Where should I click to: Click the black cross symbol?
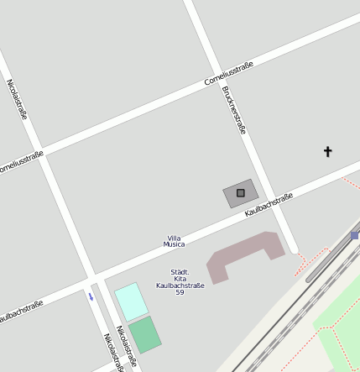coord(328,152)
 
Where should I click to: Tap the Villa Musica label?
coord(174,242)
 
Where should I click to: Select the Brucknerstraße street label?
coord(234,109)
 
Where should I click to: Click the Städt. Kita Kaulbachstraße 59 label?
coord(180,282)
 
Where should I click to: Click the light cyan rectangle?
coord(131,301)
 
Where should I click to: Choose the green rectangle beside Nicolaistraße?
coord(145,334)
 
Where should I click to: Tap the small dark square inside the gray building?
coord(241,193)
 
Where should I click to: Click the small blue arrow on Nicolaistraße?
coord(91,296)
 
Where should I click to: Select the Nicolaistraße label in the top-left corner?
coord(17,99)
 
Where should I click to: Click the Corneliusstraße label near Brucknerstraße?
coord(228,74)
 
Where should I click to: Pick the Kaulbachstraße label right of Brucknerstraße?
coord(269,205)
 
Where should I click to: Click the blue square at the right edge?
coord(355,236)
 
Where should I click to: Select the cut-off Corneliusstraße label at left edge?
coord(18,161)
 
